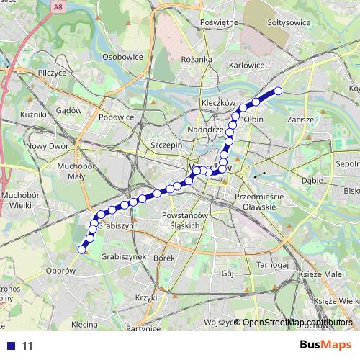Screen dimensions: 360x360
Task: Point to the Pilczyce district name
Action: click(x=52, y=73)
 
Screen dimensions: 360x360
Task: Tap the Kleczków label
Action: click(x=219, y=103)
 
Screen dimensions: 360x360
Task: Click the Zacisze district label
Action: click(x=300, y=119)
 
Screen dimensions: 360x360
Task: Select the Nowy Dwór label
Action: click(x=45, y=145)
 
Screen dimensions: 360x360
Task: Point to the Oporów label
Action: click(x=60, y=271)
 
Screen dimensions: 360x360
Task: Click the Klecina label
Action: click(x=84, y=325)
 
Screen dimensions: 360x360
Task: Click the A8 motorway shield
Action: click(x=57, y=6)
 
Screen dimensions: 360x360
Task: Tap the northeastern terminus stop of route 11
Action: click(x=278, y=91)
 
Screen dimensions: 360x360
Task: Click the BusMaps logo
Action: click(x=325, y=345)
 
